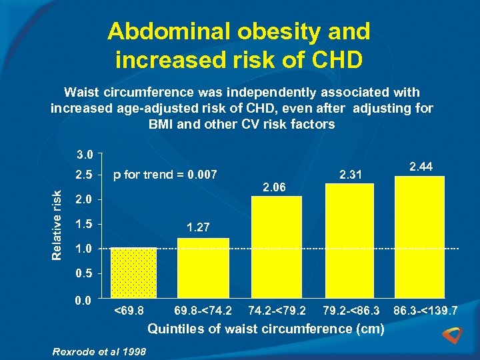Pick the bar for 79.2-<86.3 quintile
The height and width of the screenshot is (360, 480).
pos(349,240)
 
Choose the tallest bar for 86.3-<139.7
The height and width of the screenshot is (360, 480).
pos(419,237)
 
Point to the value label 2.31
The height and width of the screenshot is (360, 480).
pos(351,175)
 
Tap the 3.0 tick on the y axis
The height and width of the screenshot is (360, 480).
pos(83,155)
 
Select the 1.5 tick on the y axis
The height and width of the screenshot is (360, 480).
pos(83,224)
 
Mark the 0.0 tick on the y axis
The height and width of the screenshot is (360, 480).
pos(83,301)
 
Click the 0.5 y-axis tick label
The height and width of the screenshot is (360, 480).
pos(83,273)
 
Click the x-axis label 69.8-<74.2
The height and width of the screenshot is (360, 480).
pos(203,311)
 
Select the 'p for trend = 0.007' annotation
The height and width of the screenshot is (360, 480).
pos(165,175)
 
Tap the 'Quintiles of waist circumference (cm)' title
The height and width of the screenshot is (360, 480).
pos(265,329)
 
